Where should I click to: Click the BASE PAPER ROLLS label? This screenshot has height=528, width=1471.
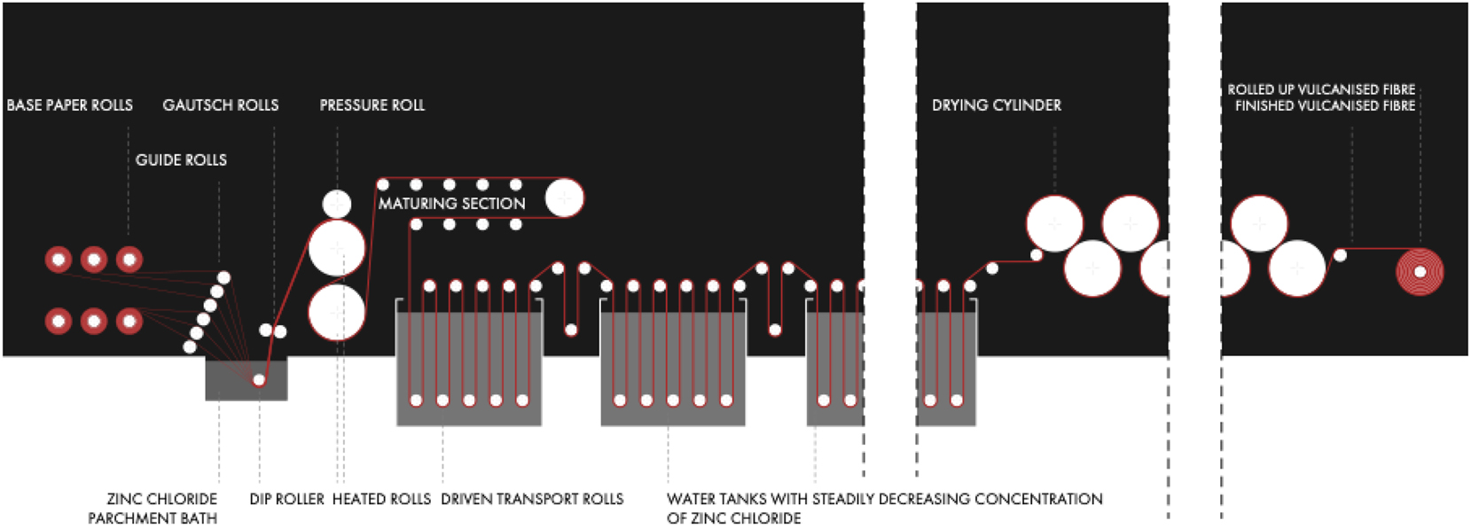(x=69, y=105)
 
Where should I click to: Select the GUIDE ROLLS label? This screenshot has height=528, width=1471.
(x=181, y=160)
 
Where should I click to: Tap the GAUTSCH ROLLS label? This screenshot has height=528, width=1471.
(x=220, y=105)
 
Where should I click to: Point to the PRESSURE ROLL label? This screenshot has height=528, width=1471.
(x=372, y=105)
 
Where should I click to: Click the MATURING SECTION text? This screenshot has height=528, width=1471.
(x=451, y=204)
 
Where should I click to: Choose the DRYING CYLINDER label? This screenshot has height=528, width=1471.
(x=996, y=105)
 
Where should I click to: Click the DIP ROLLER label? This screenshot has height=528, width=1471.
(x=286, y=500)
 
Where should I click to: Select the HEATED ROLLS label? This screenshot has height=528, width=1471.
(x=381, y=500)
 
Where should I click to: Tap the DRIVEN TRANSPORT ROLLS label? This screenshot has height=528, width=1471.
(x=532, y=500)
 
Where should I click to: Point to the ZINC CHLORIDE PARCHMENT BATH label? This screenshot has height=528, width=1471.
(x=153, y=509)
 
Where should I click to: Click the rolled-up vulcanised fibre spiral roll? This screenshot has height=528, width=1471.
(x=1420, y=271)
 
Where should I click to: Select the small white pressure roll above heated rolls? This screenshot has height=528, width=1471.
(x=336, y=204)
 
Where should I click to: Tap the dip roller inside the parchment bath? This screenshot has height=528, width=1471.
(x=259, y=380)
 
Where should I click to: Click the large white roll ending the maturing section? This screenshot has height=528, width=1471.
(x=564, y=198)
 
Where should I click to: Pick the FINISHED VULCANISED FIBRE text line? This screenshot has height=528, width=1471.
(x=1325, y=106)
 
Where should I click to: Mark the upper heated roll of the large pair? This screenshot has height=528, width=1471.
(x=337, y=248)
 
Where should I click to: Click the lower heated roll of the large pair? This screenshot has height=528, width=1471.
(x=337, y=313)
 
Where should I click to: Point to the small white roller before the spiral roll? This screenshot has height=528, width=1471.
(x=1340, y=255)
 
